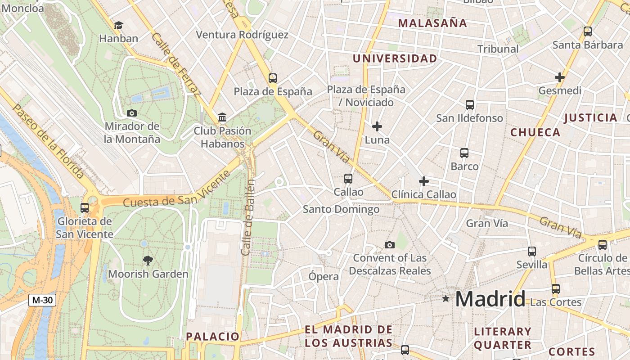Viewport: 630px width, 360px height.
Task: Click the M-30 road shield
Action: click(43, 300)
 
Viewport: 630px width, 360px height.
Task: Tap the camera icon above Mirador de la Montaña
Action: click(132, 113)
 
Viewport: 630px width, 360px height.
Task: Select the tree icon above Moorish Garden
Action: click(148, 260)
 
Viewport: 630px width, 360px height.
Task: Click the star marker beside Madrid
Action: click(445, 298)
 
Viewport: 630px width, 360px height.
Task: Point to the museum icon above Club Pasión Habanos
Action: click(222, 117)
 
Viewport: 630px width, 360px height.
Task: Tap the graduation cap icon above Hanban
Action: click(118, 25)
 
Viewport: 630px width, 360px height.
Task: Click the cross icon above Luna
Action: click(377, 126)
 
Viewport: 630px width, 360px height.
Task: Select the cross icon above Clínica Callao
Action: click(423, 181)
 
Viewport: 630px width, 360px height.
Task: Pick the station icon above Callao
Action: click(348, 179)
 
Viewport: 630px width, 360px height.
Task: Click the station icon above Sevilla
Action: click(532, 252)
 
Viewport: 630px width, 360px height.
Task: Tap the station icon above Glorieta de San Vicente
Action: click(85, 208)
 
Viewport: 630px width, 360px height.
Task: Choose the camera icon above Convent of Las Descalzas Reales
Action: click(390, 245)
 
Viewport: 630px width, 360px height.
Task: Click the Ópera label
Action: click(324, 276)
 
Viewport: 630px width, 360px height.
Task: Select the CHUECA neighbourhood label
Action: click(535, 132)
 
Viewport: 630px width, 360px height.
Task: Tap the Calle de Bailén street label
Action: click(248, 217)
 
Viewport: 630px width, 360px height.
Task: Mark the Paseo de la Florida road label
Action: click(48, 141)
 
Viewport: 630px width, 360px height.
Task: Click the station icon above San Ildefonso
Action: click(470, 105)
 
